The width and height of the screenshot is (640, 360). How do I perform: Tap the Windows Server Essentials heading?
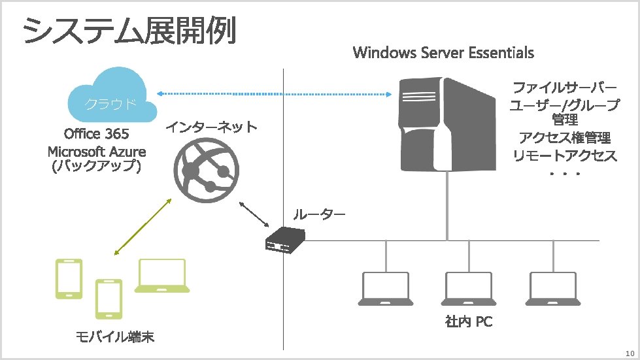coord(443,52)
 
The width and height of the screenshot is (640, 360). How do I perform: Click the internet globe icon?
coord(205,168)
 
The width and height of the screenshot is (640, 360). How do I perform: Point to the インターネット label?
coord(211,126)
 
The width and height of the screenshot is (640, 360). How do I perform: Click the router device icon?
coord(284,240)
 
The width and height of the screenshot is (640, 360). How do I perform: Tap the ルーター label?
coord(318,214)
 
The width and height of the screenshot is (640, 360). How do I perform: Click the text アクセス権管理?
coord(564,138)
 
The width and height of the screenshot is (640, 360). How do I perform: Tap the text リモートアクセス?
coord(564,155)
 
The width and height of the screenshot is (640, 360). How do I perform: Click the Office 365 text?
coord(97,135)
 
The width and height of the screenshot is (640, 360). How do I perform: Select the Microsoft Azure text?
coord(97,152)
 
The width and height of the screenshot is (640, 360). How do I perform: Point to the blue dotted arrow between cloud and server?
coord(275,93)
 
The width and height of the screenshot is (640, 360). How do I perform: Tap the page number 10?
coord(630,353)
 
